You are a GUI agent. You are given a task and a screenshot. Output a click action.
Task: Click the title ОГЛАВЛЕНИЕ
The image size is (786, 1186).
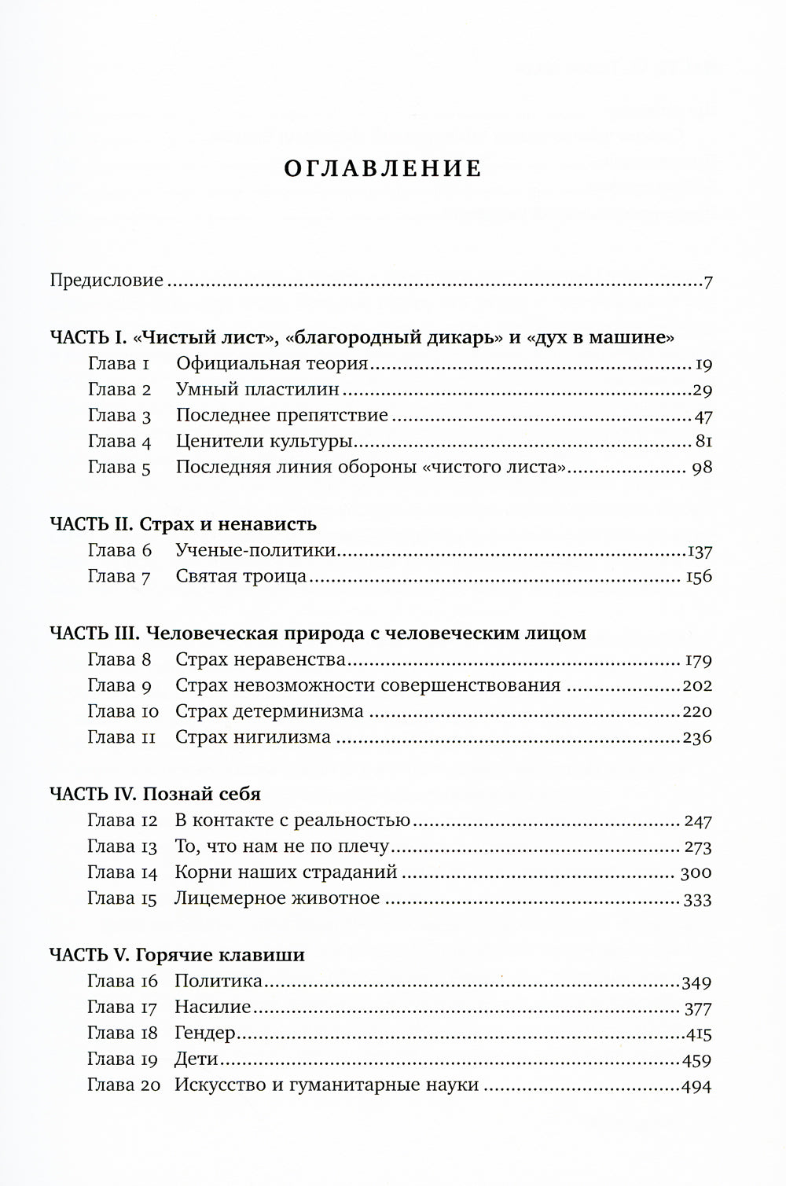click(x=383, y=168)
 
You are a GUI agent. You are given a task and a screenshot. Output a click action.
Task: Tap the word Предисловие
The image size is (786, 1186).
click(x=107, y=281)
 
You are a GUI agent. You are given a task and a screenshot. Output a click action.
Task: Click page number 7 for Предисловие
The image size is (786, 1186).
click(x=707, y=281)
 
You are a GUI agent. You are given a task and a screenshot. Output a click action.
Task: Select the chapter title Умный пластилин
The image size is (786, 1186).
click(x=258, y=389)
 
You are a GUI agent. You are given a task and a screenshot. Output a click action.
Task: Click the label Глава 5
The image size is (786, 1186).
click(x=119, y=468)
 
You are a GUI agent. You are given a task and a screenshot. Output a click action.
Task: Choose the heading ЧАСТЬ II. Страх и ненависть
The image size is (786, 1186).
click(x=182, y=523)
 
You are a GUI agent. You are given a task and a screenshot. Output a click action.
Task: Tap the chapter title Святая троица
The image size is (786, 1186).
click(x=241, y=576)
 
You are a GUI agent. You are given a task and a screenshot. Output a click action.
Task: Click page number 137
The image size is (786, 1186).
click(x=699, y=551)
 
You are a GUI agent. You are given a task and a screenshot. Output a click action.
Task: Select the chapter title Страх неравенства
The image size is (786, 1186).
click(x=261, y=659)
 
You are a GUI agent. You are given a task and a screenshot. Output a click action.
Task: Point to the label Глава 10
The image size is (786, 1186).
click(x=123, y=711)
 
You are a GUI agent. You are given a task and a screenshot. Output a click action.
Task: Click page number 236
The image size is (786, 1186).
click(x=696, y=737)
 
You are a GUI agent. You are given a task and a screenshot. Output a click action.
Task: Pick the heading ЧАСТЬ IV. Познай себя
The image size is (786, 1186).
click(x=155, y=794)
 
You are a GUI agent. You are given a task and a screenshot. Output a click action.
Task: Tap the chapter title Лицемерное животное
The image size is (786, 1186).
click(x=277, y=898)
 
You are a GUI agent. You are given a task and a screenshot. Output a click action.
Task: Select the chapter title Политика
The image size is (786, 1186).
click(x=219, y=981)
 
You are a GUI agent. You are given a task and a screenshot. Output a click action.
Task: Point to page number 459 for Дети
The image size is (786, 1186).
click(x=696, y=1060)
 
